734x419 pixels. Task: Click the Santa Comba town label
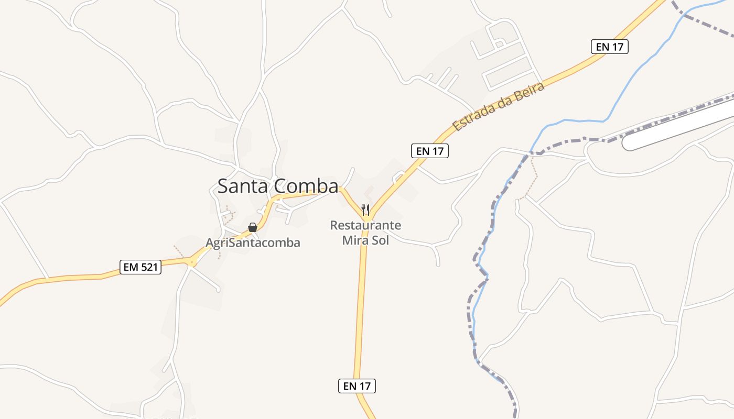[278, 186]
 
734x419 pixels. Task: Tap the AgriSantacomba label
[253, 243]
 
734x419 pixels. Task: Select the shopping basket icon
[253, 227]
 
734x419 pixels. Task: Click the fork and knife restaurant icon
[365, 210]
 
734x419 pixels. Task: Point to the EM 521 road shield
[140, 267]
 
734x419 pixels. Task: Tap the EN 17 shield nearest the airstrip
[610, 47]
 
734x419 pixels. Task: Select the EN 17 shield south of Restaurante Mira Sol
[357, 387]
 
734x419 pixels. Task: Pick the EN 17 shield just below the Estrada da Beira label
[430, 151]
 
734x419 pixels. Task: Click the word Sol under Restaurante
[380, 241]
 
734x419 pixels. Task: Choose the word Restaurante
[365, 226]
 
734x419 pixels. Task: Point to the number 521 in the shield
[148, 267]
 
